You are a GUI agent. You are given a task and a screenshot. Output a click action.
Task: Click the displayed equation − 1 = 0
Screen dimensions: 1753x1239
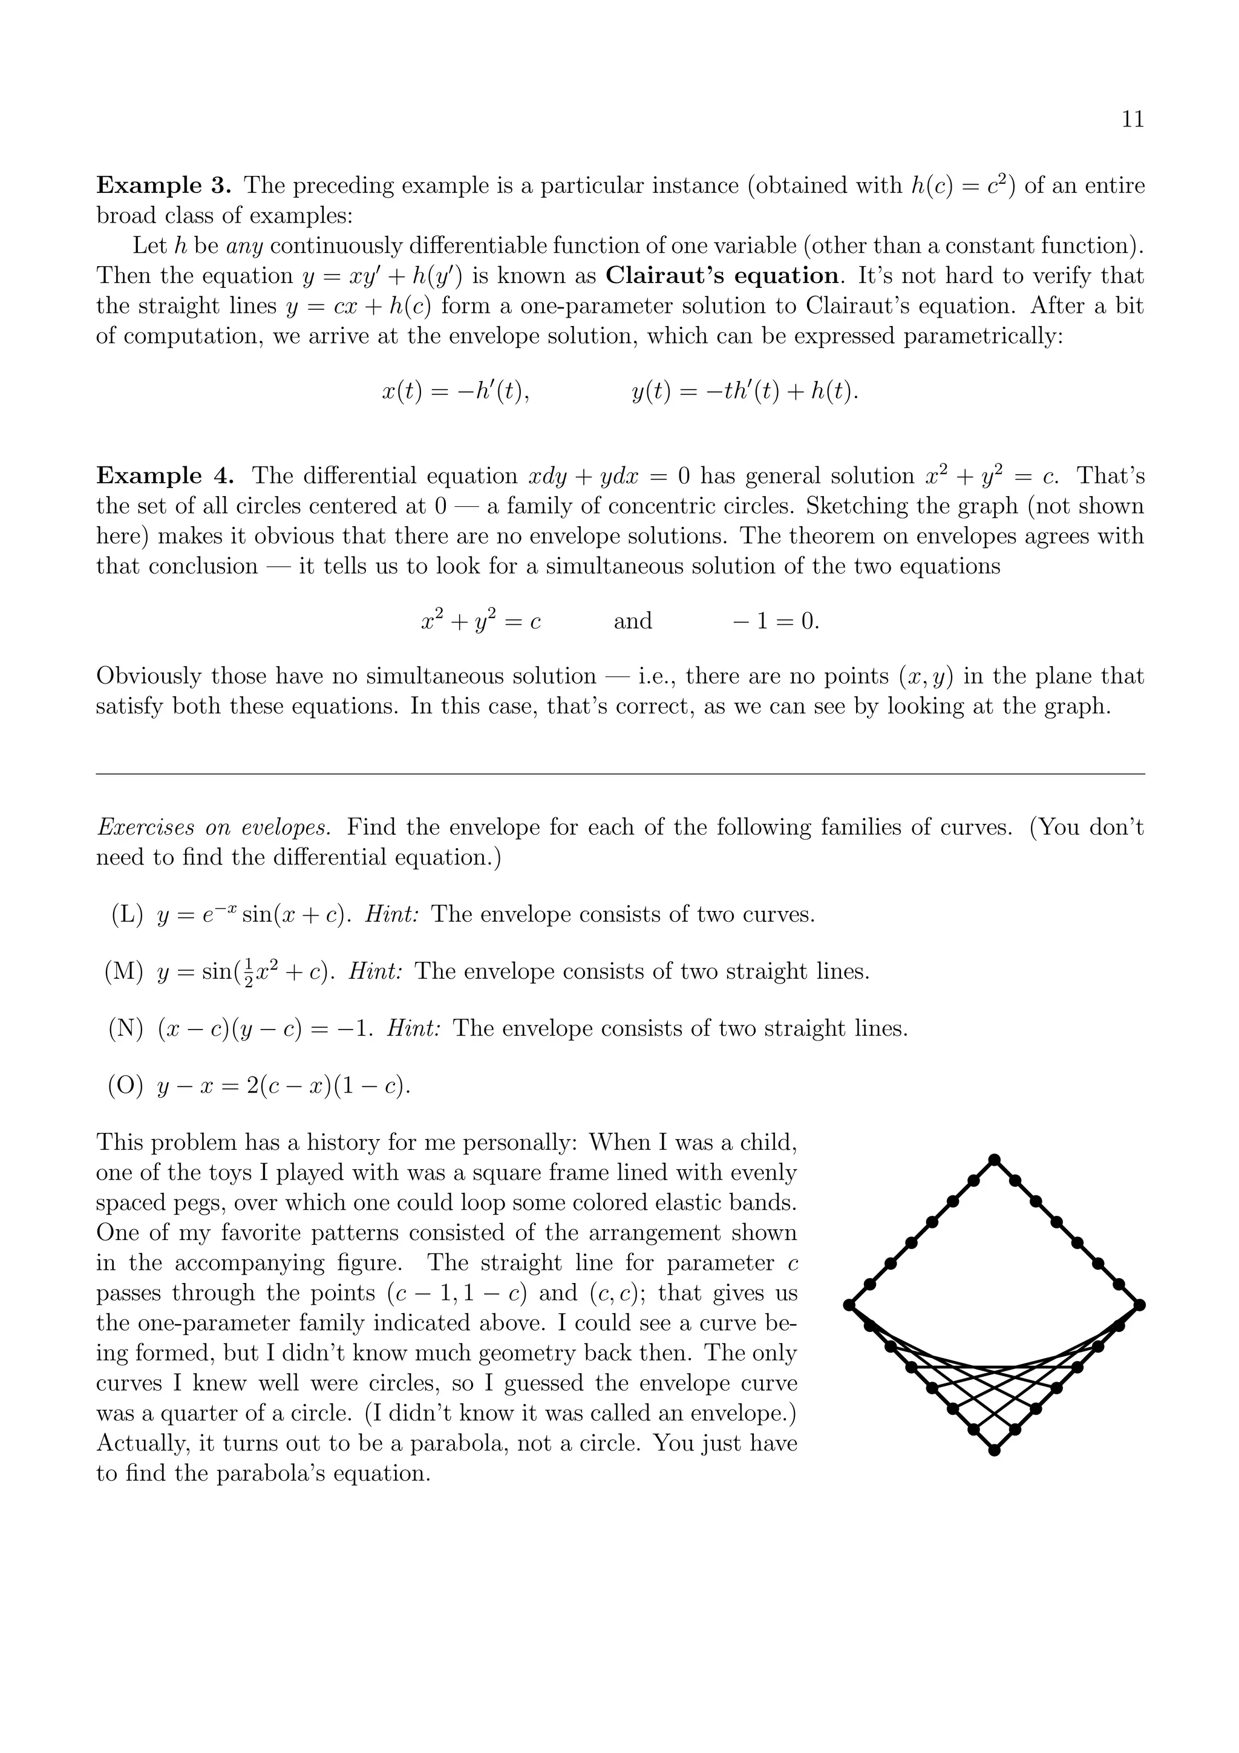[776, 621]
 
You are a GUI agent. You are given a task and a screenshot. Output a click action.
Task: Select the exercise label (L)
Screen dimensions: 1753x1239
[126, 915]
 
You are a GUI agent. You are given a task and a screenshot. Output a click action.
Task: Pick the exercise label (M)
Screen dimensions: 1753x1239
[125, 972]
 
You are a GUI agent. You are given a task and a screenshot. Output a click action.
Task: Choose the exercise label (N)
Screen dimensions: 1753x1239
[126, 1029]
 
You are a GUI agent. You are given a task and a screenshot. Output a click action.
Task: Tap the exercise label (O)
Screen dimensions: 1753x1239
[126, 1086]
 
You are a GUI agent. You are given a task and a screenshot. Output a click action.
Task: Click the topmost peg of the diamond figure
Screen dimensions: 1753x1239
[994, 1160]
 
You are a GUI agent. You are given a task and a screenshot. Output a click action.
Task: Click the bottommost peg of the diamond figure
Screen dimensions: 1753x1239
[994, 1451]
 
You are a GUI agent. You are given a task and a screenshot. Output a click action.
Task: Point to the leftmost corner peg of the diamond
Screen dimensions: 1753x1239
[849, 1305]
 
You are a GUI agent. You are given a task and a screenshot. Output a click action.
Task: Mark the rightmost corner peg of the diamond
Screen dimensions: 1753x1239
[1139, 1305]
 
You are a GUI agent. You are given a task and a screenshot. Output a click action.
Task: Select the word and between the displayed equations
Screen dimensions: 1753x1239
[633, 621]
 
